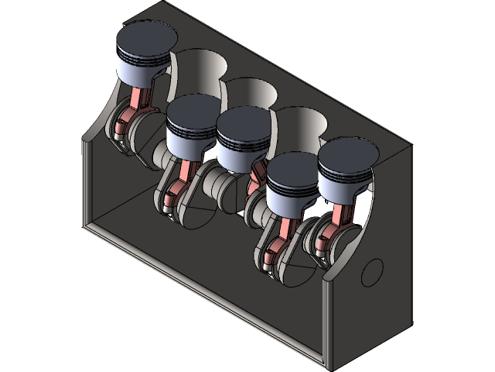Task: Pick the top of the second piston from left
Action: pyautogui.click(x=193, y=112)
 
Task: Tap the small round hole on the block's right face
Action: pyautogui.click(x=372, y=270)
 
